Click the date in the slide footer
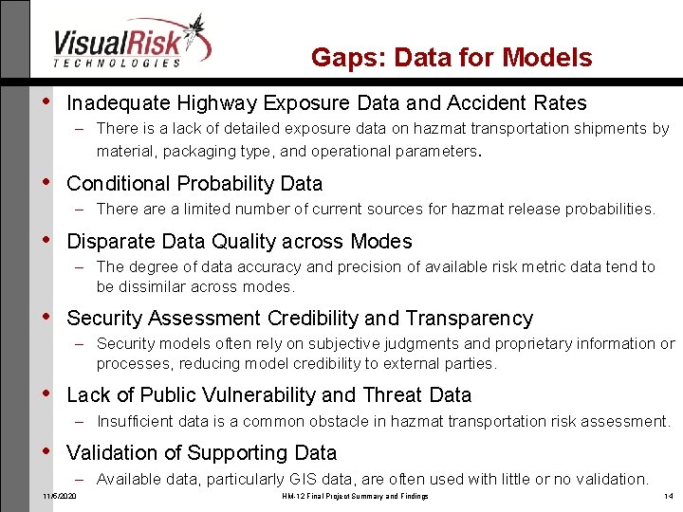click(60, 497)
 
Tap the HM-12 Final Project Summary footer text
click(355, 497)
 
